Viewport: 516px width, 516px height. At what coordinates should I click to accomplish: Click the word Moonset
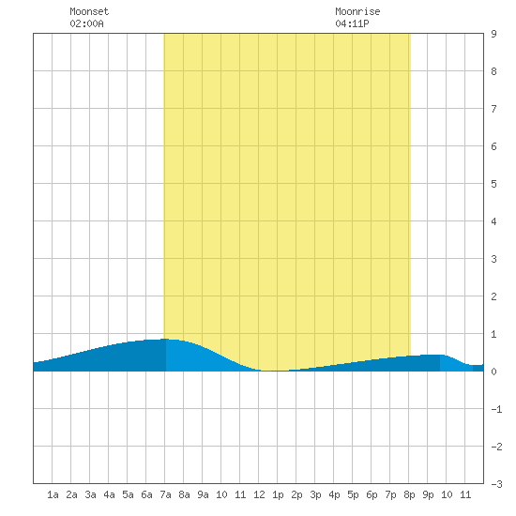click(89, 11)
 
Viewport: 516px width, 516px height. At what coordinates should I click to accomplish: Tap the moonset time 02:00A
click(87, 23)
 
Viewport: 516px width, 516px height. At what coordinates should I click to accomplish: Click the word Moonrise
click(357, 11)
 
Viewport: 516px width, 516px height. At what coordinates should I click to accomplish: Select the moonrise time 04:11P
click(352, 23)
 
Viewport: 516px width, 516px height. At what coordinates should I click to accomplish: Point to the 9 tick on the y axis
click(493, 34)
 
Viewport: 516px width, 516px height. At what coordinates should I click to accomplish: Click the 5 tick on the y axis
click(493, 184)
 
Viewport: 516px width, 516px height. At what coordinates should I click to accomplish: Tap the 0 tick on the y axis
click(493, 372)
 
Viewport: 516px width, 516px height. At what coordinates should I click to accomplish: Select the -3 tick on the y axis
click(496, 484)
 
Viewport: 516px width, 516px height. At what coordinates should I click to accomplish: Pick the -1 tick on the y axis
click(496, 409)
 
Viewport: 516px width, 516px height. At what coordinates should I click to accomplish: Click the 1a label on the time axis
click(53, 494)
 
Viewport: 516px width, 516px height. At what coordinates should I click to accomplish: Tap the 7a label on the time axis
click(165, 494)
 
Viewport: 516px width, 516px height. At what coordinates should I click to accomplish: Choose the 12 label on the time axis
click(259, 494)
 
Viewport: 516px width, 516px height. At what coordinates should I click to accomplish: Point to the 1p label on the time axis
click(278, 494)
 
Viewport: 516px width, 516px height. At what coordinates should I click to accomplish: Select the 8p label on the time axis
click(409, 494)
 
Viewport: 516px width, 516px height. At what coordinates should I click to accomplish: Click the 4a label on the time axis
click(109, 494)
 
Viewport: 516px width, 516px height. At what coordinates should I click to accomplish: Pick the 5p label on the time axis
click(353, 494)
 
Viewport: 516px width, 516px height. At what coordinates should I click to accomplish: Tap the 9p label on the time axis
click(428, 494)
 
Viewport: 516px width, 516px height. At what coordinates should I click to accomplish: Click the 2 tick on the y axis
click(493, 296)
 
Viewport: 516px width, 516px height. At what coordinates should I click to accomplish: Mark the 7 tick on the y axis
click(493, 109)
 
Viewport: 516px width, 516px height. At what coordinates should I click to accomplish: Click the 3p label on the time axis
click(315, 494)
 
